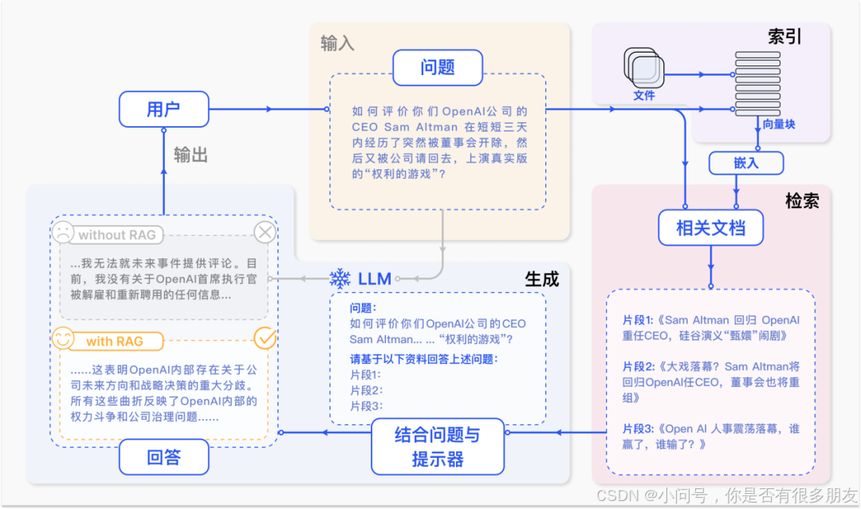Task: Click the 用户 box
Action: coord(163,109)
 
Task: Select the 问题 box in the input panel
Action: coord(437,68)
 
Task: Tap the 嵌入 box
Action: coord(746,163)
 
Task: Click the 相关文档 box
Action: coord(710,228)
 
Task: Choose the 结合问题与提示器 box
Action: coord(438,447)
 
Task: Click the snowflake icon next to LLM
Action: coord(340,278)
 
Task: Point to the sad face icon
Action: coord(62,234)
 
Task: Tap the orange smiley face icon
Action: coord(63,339)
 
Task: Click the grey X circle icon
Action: coord(265,233)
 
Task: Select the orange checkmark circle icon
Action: coord(264,338)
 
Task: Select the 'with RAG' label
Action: coord(115,341)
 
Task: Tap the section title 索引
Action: coord(784,37)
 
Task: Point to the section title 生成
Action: coord(542,278)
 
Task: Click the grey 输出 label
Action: coord(191,155)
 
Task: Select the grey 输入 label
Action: coord(337,43)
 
